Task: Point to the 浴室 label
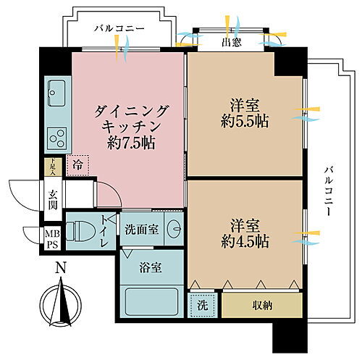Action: (152, 267)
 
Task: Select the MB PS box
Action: (53, 238)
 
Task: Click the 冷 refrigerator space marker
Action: (77, 166)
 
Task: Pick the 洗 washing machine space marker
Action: (202, 305)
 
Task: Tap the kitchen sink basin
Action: (57, 93)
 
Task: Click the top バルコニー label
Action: (120, 28)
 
